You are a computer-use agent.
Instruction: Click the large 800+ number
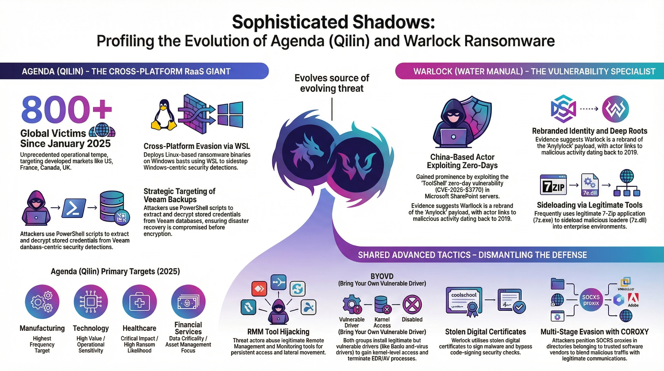point(67,110)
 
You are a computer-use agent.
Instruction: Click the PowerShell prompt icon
point(74,208)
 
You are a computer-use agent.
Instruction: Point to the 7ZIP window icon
point(553,185)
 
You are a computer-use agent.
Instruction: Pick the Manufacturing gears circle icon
point(42,302)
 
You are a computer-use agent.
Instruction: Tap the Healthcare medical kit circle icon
point(139,302)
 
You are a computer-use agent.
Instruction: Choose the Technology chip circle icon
point(91,302)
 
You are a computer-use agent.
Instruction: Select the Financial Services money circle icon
point(188,302)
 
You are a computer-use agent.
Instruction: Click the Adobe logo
point(633,300)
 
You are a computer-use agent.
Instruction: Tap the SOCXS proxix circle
point(591,300)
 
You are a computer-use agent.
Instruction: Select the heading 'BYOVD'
point(382,276)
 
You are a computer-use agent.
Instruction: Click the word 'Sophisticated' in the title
point(290,22)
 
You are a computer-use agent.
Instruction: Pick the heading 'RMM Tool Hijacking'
point(278,332)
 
